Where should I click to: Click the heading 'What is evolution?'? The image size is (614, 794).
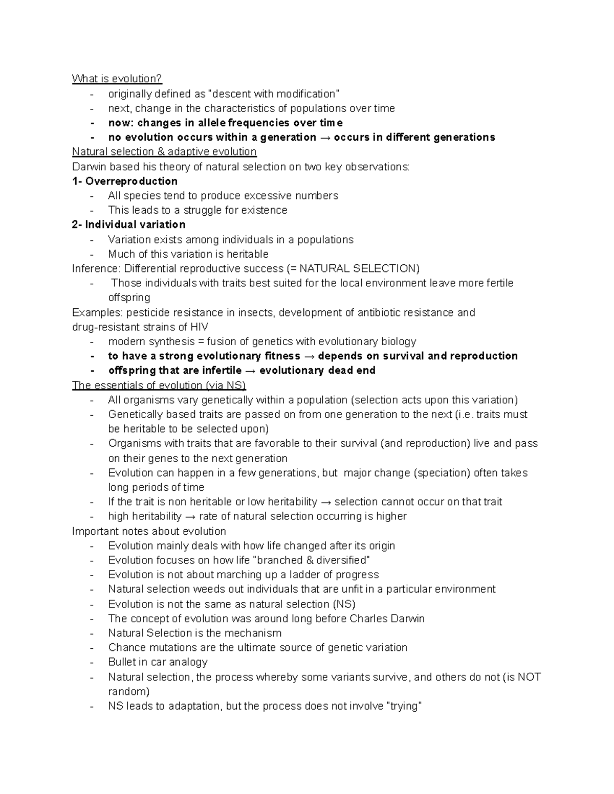[117, 79]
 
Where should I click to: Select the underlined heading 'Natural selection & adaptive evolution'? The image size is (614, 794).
[164, 152]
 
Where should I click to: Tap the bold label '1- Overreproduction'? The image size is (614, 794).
[125, 181]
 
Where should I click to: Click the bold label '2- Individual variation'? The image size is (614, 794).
[128, 224]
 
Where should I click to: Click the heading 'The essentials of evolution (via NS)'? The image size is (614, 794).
[159, 385]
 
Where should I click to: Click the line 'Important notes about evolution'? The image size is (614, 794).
[149, 531]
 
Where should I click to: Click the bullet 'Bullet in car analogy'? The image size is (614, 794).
[158, 662]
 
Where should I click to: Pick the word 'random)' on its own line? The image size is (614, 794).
[129, 692]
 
